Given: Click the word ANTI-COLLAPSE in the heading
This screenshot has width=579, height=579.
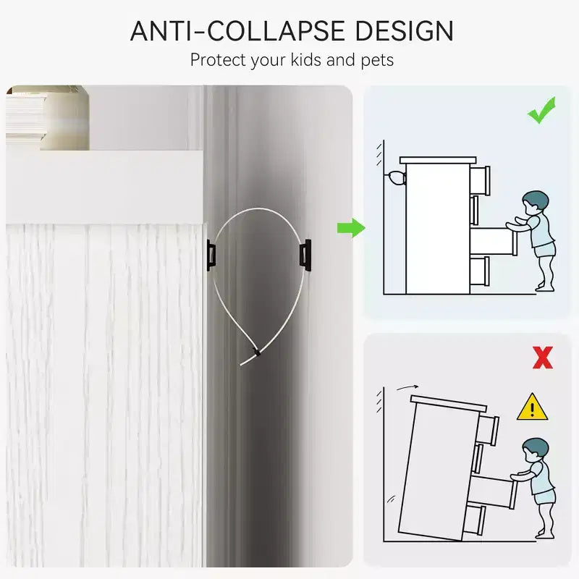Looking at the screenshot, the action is click(x=237, y=31).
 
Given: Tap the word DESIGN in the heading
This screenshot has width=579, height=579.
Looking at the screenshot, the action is click(x=405, y=31).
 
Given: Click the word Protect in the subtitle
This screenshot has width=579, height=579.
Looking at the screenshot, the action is click(x=218, y=60).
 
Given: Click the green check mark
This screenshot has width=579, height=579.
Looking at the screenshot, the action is click(x=541, y=110).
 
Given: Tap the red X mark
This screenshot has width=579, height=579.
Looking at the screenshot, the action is click(x=543, y=358).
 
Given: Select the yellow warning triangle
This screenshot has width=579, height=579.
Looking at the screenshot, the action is click(x=532, y=407).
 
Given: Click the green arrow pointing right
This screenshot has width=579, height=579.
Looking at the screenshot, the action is click(x=351, y=228).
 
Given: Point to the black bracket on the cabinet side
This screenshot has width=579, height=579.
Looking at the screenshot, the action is click(x=211, y=255).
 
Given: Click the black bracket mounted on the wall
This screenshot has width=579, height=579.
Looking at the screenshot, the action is click(x=305, y=255).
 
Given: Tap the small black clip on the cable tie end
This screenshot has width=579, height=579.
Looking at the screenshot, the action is click(x=255, y=351).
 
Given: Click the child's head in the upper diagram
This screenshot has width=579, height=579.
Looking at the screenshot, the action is click(x=534, y=203).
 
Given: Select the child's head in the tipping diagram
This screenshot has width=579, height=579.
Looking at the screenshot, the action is click(x=535, y=450).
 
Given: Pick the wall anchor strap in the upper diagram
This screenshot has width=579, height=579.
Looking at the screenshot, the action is click(x=395, y=178).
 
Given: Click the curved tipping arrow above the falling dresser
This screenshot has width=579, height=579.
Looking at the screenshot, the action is click(x=407, y=387).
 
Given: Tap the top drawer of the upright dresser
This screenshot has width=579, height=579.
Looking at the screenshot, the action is click(x=480, y=180).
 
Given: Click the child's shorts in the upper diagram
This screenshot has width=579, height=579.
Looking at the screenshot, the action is click(x=544, y=250).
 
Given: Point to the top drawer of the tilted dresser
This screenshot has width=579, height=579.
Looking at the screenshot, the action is click(x=488, y=430).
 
